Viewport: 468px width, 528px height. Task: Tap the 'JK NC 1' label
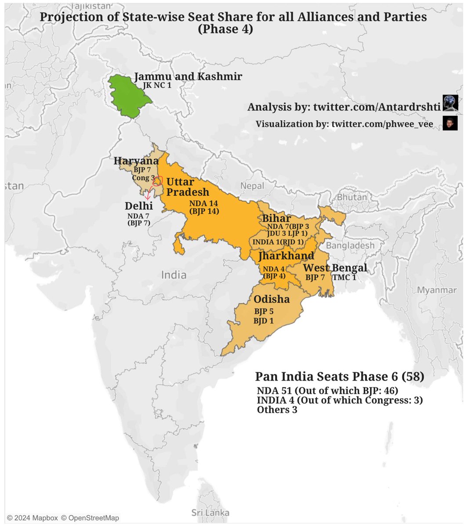coord(157,85)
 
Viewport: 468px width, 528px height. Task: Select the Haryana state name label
coord(136,161)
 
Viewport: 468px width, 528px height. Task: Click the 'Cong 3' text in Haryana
coord(143,178)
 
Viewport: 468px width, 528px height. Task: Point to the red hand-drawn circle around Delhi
coord(157,181)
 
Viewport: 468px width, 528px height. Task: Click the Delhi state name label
coord(138,206)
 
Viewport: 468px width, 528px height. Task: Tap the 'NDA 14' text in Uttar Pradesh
coord(204,203)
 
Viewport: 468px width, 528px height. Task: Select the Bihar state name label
coord(276,219)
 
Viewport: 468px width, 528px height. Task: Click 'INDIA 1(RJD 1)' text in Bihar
coord(278,242)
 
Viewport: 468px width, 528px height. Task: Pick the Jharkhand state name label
coord(286,256)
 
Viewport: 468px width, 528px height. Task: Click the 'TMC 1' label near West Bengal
coord(344,277)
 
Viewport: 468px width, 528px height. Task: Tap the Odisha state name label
coord(272,299)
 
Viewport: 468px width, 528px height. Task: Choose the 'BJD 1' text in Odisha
coord(263,321)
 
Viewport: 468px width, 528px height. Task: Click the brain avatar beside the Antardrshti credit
coord(450,103)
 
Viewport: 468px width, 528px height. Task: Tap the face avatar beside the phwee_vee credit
coord(450,123)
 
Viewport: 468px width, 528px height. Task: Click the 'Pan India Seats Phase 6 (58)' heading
coord(339,377)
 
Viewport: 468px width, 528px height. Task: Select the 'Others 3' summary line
coord(277,410)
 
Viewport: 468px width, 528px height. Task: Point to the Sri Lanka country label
coord(210,513)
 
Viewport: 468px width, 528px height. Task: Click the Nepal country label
coord(252,186)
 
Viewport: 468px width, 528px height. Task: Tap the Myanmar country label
coord(436,290)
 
